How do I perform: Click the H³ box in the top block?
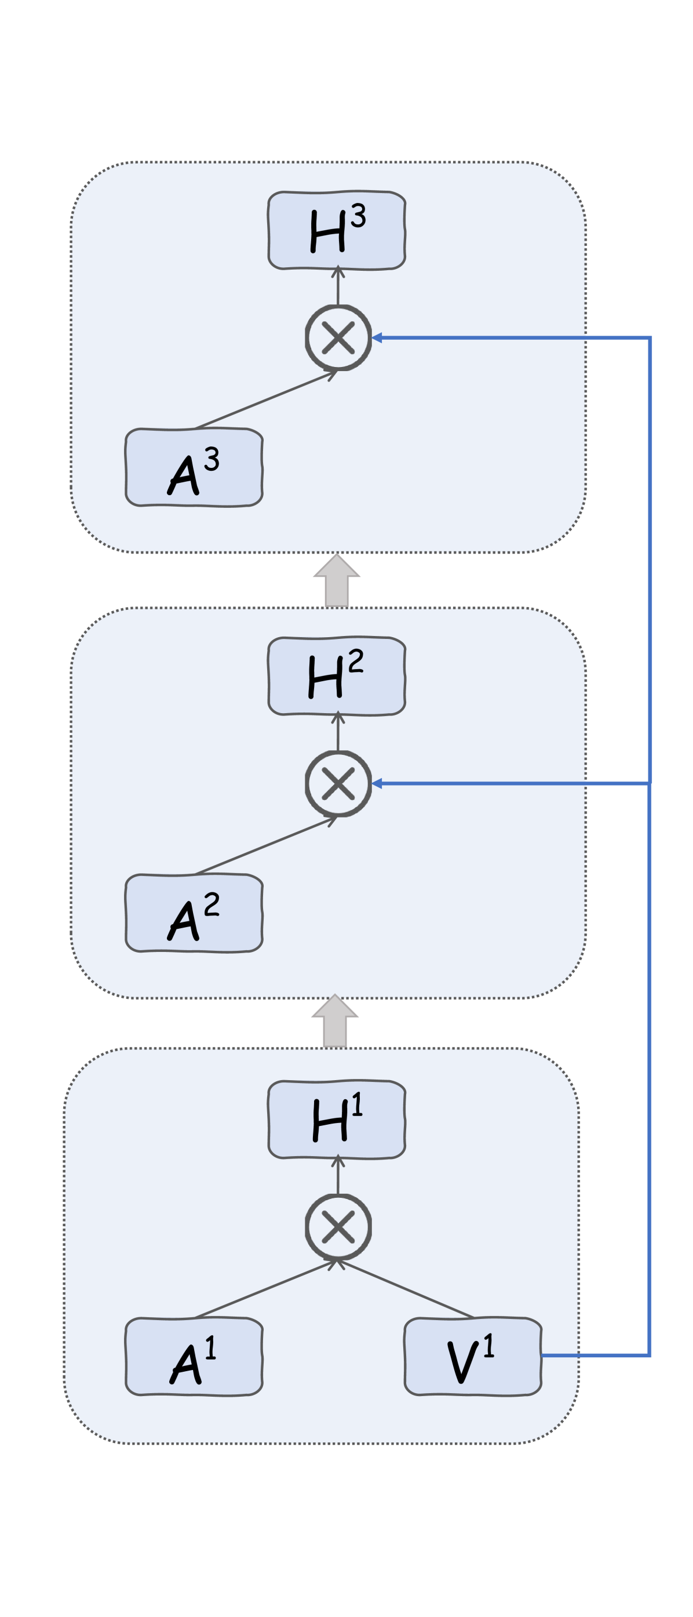coord(336,230)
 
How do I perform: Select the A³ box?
coord(194,468)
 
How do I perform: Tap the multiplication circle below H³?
coord(338,337)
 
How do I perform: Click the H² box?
coord(336,676)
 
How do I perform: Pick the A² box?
coord(194,913)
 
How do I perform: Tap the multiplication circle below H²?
coord(338,783)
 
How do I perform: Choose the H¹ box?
coord(336,1119)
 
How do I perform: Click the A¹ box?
coord(194,1357)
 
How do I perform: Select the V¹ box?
coord(472,1357)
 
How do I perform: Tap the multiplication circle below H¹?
coord(338,1227)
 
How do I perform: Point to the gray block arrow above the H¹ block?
coord(334,1023)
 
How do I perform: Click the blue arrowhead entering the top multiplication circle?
coord(377,337)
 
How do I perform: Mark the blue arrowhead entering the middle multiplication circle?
coord(377,783)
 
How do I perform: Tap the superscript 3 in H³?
coord(358,215)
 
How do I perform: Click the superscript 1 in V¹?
coord(488,1345)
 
